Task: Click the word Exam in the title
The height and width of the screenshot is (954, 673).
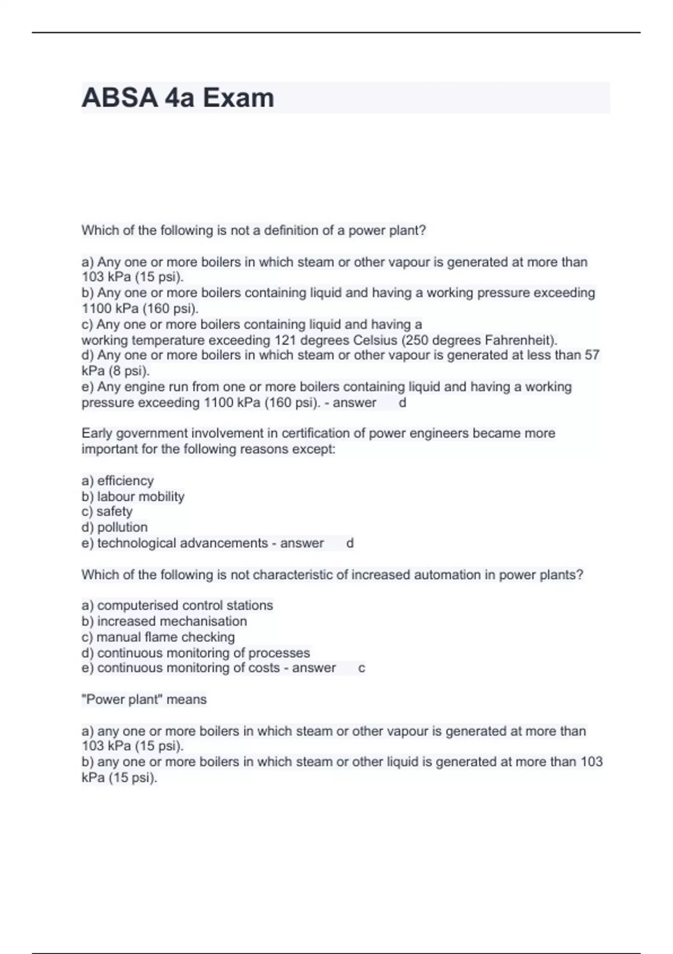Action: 238,98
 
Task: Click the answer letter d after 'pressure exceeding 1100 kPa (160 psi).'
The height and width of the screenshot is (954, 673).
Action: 402,402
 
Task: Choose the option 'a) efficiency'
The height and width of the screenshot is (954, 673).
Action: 118,480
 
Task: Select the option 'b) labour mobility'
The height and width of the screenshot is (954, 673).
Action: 133,496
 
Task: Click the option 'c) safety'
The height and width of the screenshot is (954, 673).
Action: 107,511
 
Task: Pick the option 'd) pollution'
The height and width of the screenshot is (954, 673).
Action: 114,527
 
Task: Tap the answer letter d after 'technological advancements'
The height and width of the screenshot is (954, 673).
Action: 350,543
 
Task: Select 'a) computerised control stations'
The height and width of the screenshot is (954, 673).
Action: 177,605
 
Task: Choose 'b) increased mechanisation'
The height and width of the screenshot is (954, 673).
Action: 164,621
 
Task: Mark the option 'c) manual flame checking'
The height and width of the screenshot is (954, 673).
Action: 158,637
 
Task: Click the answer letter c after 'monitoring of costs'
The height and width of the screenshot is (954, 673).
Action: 362,668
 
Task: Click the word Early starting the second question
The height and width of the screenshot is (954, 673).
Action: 96,433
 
